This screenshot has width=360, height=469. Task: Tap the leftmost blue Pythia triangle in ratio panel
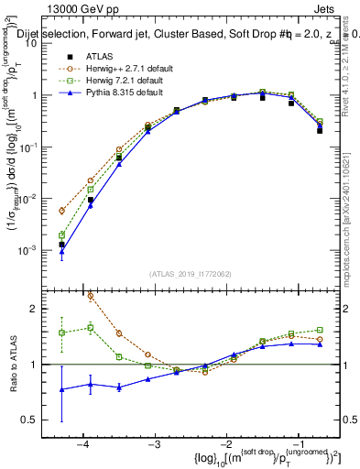tap(61, 389)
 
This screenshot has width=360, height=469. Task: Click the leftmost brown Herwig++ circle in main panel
tap(61, 211)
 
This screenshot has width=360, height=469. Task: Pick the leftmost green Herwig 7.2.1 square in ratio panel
tap(61, 333)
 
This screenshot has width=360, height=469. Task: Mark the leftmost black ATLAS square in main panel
tap(61, 245)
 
